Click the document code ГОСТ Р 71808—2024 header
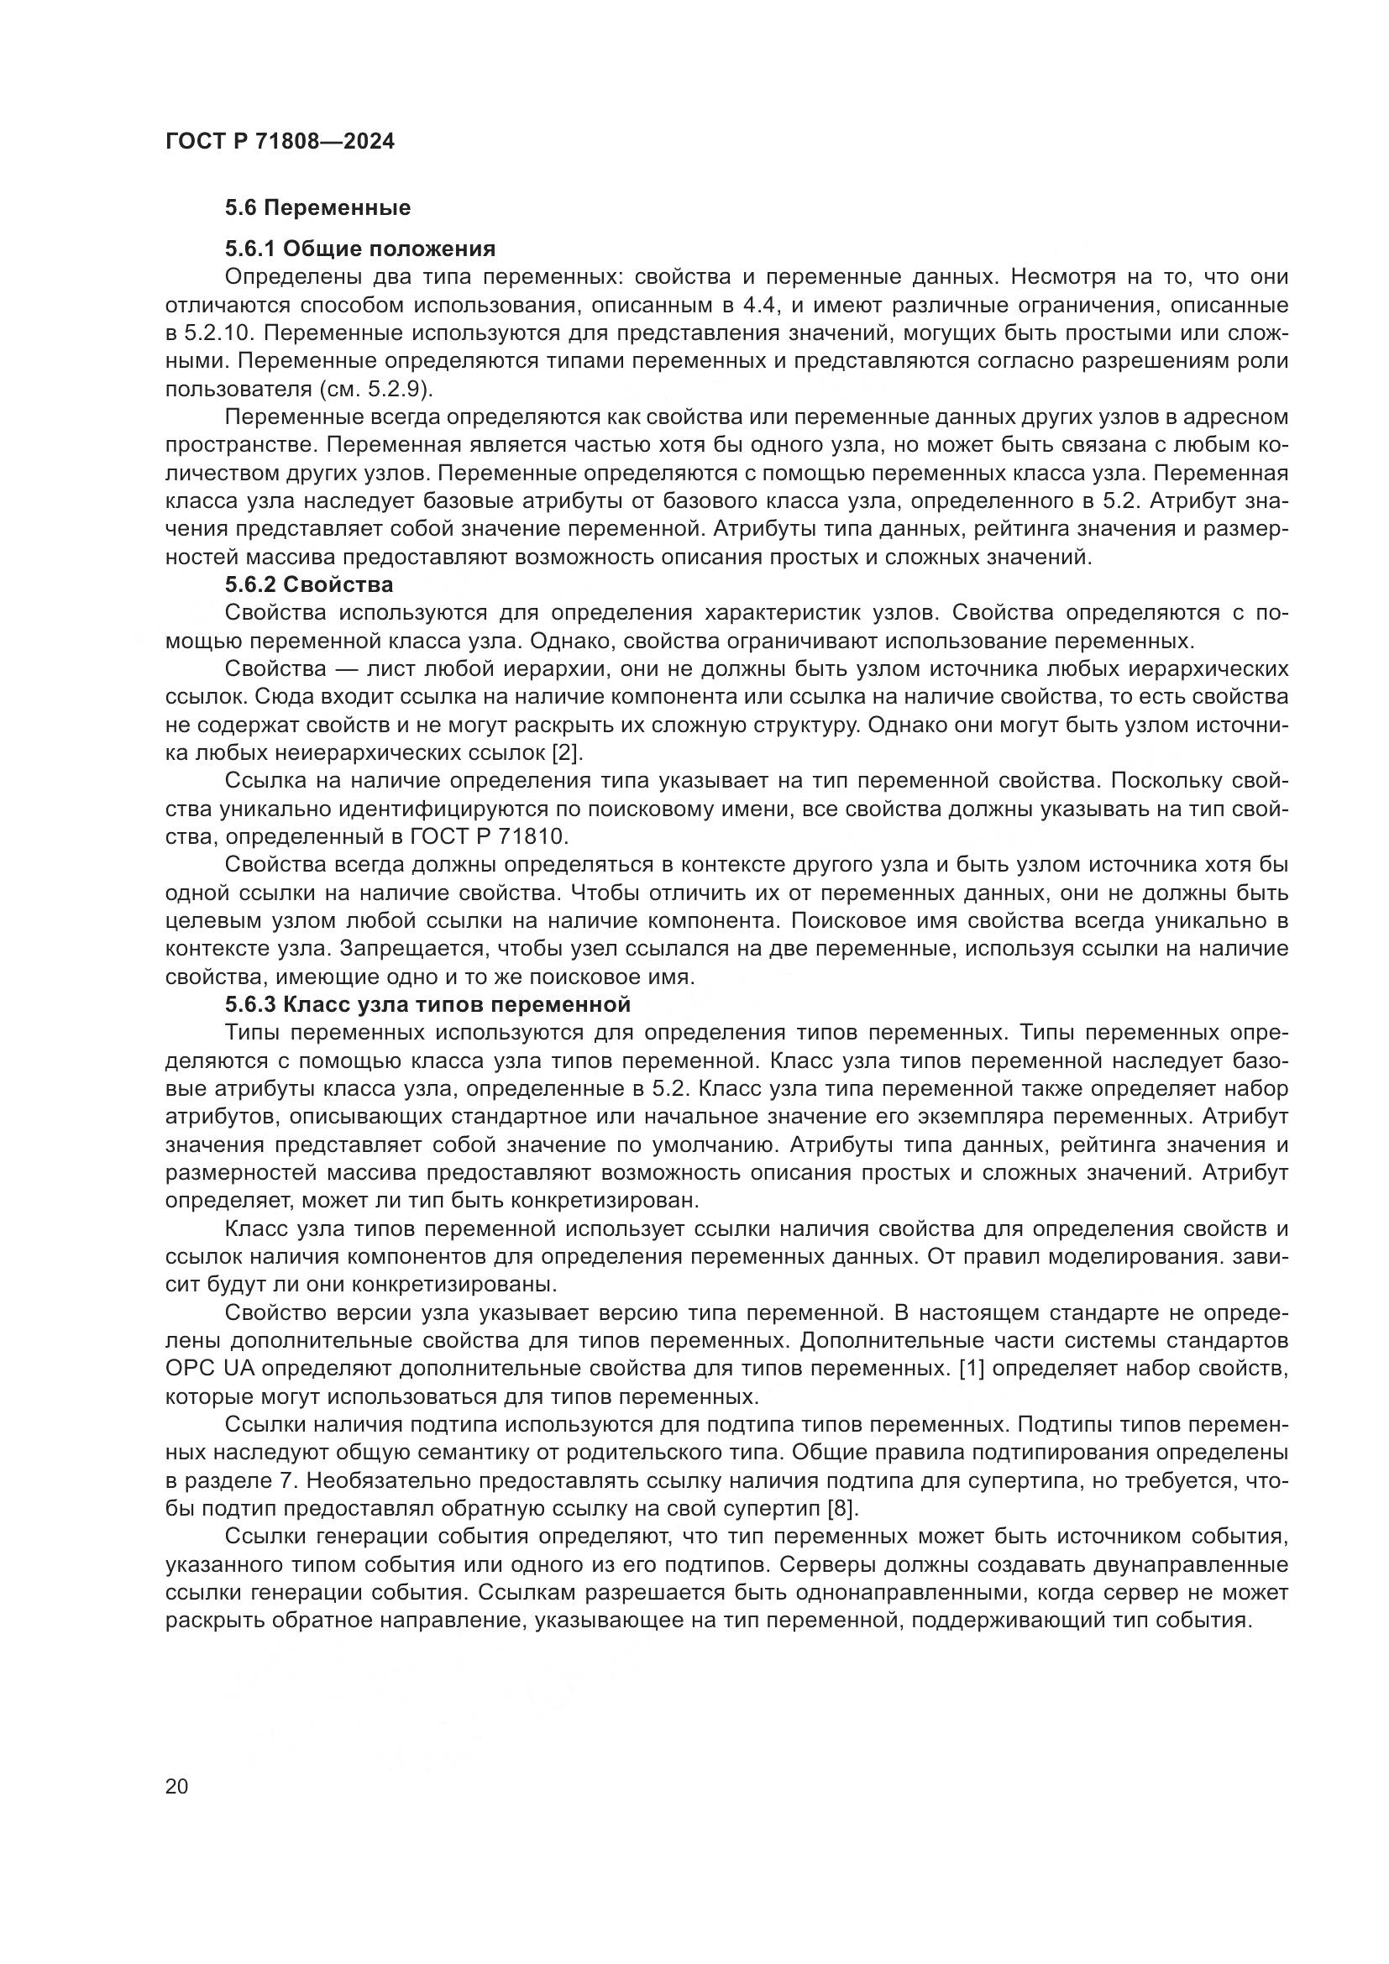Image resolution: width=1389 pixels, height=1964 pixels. tap(280, 142)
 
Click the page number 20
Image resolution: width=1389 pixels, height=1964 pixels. tap(177, 1787)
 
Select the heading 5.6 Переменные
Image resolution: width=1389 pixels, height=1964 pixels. tap(317, 208)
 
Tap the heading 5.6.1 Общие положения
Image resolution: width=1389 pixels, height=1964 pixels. tap(360, 249)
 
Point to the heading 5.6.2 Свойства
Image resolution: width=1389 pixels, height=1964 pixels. tap(309, 585)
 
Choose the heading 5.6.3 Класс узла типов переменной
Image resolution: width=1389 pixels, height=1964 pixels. tap(427, 1003)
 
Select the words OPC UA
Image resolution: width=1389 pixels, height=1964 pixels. tap(209, 1369)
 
